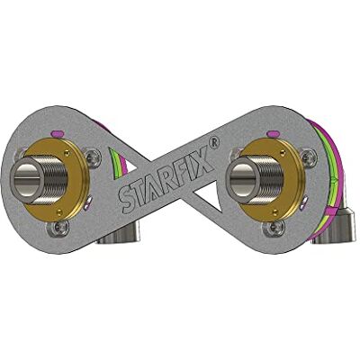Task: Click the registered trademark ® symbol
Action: coord(215,141)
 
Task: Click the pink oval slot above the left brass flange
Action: coord(57,132)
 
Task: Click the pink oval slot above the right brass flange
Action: coord(273,132)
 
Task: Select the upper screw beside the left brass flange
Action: coord(92,156)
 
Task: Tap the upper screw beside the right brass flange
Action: coord(308,156)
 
